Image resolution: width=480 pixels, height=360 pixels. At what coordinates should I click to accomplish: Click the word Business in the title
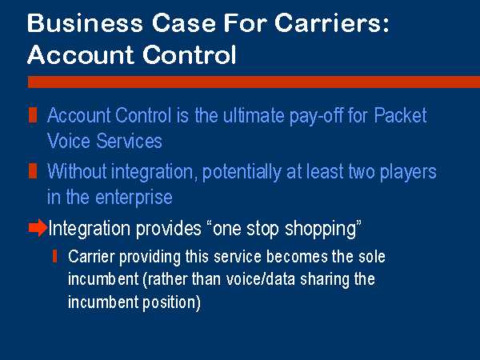(85, 23)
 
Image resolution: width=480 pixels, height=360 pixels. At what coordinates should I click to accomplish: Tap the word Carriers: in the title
(332, 23)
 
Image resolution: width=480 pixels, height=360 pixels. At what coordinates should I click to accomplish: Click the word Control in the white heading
(190, 54)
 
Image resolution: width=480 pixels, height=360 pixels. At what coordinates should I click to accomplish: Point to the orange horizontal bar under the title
(254, 82)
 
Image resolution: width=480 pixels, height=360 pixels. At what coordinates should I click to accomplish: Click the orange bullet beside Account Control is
(33, 114)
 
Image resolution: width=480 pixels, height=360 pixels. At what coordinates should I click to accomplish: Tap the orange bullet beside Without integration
(33, 171)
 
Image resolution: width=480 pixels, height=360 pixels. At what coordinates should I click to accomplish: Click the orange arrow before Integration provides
(38, 228)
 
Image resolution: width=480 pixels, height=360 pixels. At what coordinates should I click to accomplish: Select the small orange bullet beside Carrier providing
(54, 256)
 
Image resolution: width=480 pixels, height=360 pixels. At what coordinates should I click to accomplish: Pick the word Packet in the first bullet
(400, 115)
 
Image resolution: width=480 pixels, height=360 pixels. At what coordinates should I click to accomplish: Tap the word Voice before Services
(69, 141)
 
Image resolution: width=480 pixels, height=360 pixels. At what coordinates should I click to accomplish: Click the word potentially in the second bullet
(242, 172)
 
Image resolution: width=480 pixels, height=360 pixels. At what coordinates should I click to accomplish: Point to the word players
(408, 172)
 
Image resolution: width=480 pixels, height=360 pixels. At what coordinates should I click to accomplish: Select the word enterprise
(134, 198)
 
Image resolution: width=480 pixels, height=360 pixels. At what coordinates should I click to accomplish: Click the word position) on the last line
(171, 302)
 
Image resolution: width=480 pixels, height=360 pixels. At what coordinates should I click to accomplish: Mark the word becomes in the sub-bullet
(297, 256)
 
